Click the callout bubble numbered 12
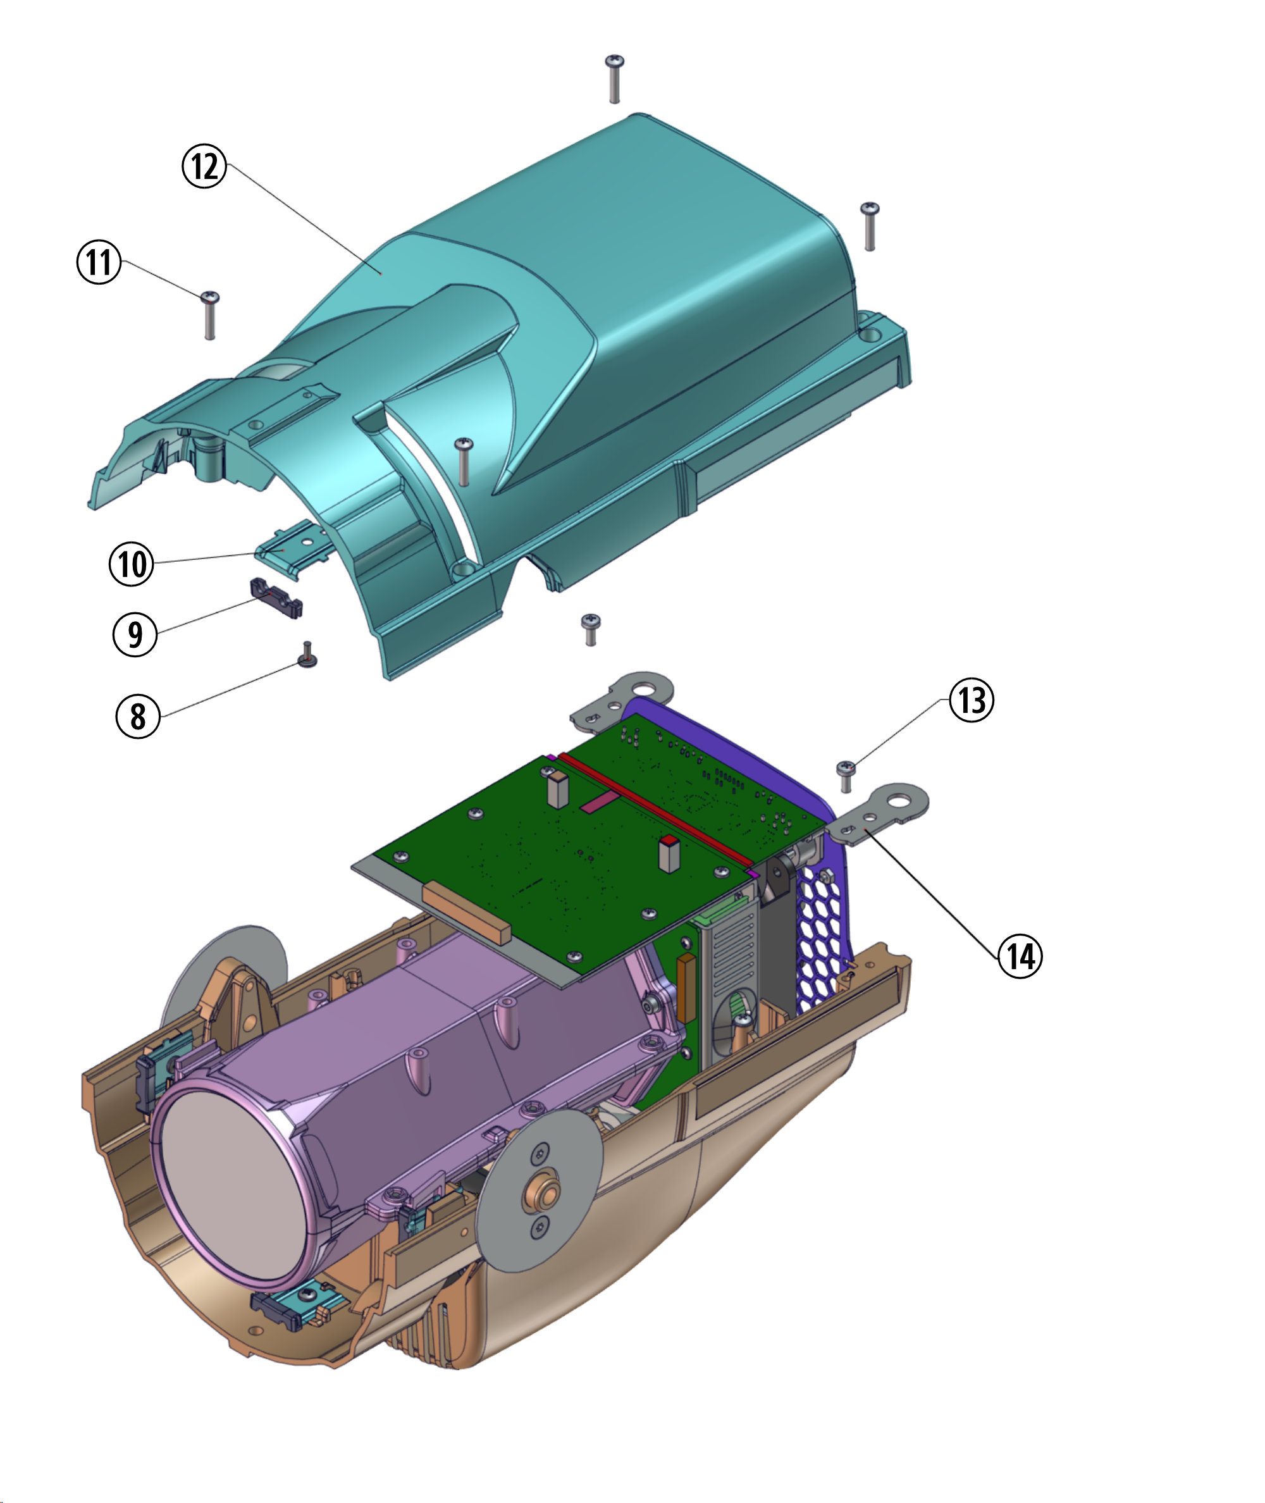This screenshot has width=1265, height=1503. [204, 166]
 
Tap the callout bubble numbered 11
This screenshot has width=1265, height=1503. [99, 262]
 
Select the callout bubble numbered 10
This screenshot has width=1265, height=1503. [131, 564]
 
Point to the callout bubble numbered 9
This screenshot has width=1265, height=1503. [135, 634]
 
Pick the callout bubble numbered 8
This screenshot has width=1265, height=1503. [138, 715]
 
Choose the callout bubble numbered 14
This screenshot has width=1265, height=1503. [1020, 955]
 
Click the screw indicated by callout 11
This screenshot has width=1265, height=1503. [209, 315]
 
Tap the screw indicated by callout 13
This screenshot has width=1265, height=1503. [846, 776]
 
